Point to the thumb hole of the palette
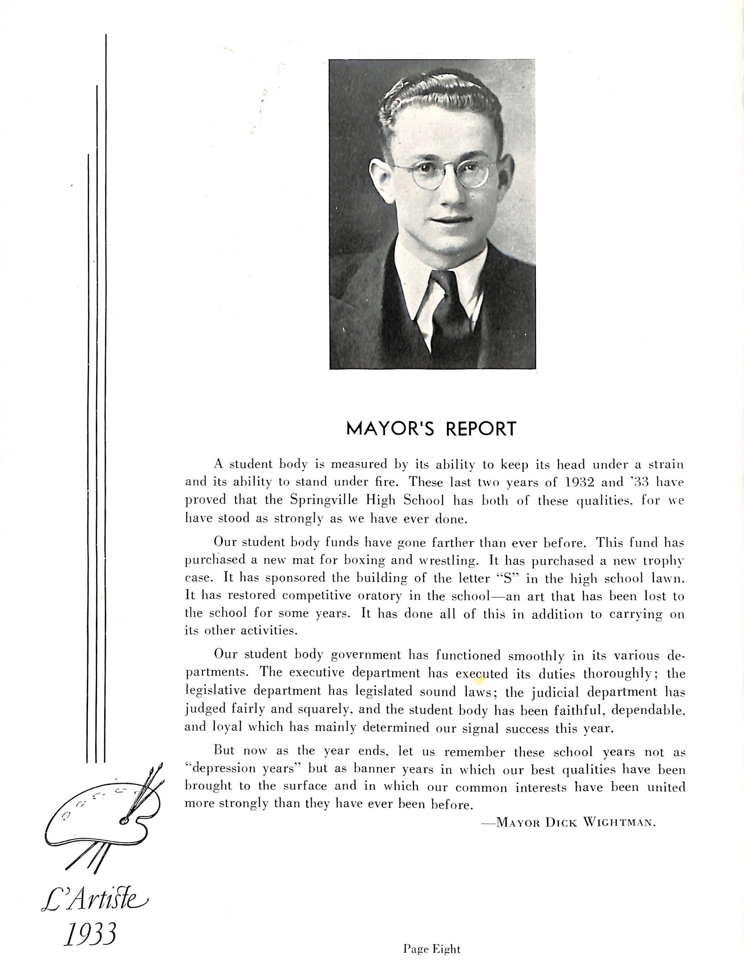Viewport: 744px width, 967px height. point(124,821)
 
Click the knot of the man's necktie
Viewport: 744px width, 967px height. point(444,283)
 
